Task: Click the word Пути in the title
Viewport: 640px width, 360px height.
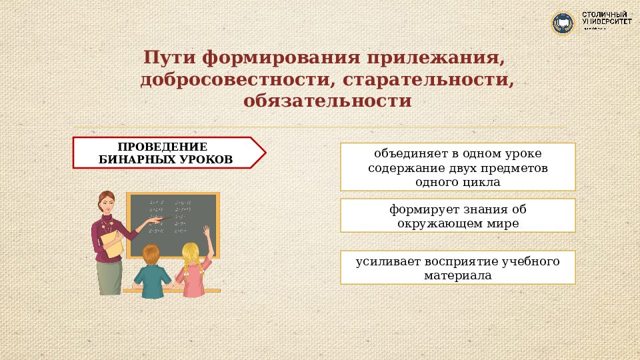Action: (171, 58)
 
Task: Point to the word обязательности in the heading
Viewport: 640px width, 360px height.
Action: (327, 101)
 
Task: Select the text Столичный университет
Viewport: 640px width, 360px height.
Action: (607, 20)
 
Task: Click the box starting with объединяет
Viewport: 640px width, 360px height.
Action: (457, 167)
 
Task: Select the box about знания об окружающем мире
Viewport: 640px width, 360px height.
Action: (457, 216)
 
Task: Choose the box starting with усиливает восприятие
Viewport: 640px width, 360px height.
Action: (457, 267)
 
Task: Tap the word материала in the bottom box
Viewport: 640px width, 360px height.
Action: (457, 275)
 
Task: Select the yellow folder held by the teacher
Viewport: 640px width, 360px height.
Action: (115, 245)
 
